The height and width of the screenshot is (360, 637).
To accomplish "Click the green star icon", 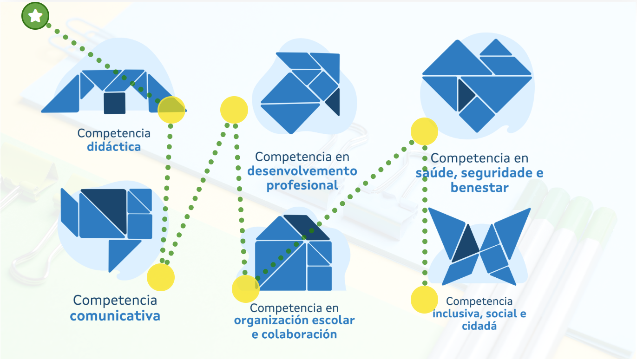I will point(35,16).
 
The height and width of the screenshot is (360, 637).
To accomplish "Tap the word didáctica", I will point(114,147).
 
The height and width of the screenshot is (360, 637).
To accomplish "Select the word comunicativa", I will point(115,316).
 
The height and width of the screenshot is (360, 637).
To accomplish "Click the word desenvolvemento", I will point(302,171).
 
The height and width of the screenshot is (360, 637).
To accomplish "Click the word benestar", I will point(479,188).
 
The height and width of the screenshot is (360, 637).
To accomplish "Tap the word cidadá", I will point(479,326).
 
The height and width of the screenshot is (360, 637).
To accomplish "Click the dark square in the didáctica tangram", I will point(114,103).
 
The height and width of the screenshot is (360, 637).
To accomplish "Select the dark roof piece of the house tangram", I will point(307,227).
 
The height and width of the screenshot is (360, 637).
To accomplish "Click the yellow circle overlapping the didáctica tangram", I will point(171,110).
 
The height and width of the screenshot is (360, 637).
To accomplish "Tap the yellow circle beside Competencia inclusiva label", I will point(424,299).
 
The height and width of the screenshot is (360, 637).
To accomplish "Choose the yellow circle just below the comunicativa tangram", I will point(161,277).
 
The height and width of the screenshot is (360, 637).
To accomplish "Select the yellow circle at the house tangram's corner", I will point(246,289).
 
